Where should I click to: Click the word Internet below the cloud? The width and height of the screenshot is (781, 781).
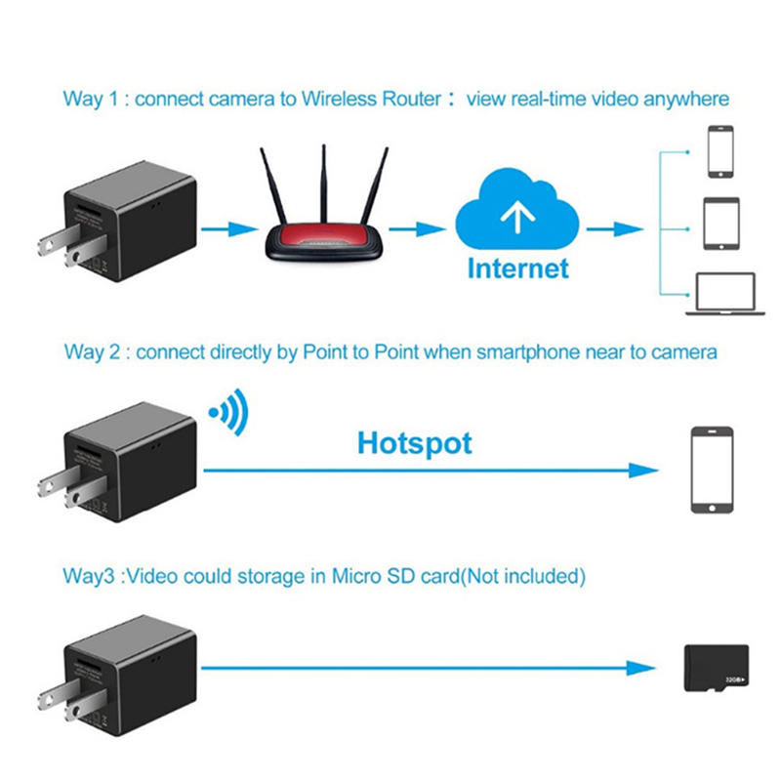517,268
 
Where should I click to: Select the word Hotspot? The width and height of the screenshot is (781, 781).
414,443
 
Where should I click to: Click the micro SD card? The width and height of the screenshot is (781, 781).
717,669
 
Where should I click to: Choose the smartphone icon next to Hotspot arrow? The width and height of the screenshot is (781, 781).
712,470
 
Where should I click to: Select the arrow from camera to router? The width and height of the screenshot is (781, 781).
227,229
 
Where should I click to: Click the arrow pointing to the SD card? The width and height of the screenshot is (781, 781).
430,669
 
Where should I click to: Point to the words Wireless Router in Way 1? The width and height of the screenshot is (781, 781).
371,100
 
